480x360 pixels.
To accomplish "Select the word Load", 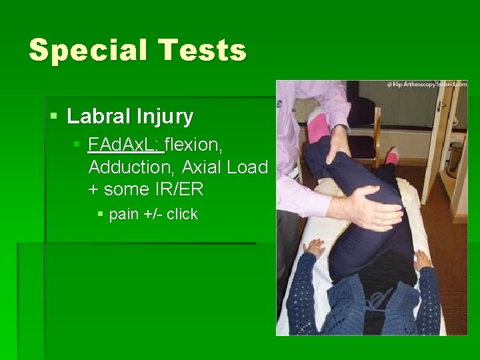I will click(247, 167).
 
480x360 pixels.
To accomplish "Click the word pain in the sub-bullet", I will click(124, 214).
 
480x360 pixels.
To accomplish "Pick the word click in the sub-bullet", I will click(182, 214).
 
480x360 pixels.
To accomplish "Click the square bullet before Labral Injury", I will click(54, 118).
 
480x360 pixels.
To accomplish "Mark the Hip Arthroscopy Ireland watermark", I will click(426, 85).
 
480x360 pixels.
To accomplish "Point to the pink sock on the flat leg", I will click(392, 157).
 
